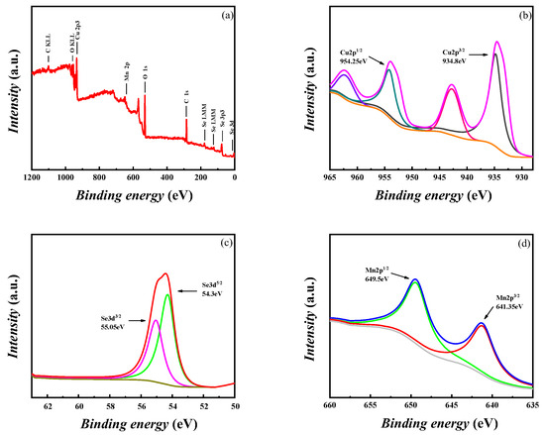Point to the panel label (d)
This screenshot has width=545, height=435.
[x=519, y=243]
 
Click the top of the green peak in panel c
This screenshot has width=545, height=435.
[x=167, y=294]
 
